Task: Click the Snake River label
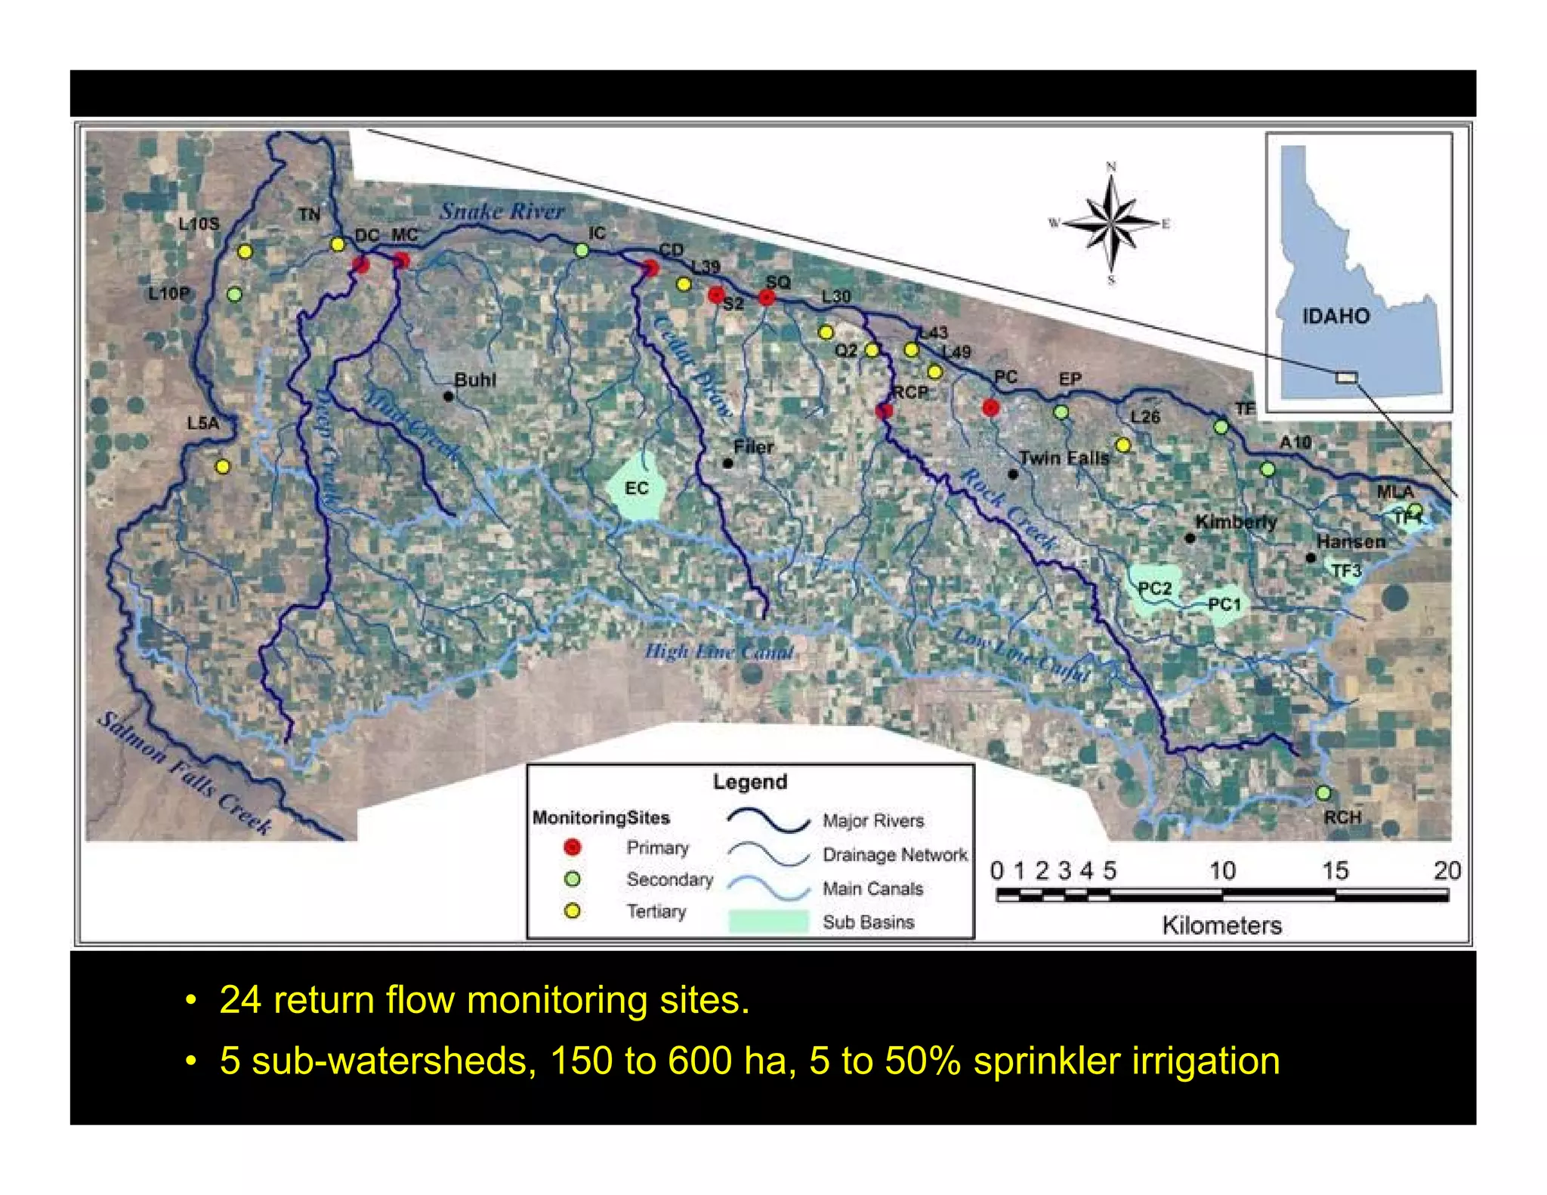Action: [502, 211]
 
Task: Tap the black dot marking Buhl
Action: [449, 396]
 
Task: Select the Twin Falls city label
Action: [1064, 458]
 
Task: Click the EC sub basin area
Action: [637, 488]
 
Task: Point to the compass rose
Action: [1110, 224]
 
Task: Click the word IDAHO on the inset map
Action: [1335, 316]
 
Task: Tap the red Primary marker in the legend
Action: [573, 848]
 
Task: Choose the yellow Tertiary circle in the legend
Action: [573, 911]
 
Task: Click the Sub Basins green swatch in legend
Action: [768, 922]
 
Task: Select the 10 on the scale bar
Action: [1222, 871]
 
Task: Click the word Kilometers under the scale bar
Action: [1221, 925]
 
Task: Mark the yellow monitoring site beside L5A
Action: [222, 467]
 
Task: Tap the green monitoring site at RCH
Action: [1323, 793]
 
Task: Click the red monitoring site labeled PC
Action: [991, 408]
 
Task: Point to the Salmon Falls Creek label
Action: [184, 773]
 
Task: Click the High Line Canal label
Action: [719, 652]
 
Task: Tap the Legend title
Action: [749, 782]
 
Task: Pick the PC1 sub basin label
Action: [1224, 604]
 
